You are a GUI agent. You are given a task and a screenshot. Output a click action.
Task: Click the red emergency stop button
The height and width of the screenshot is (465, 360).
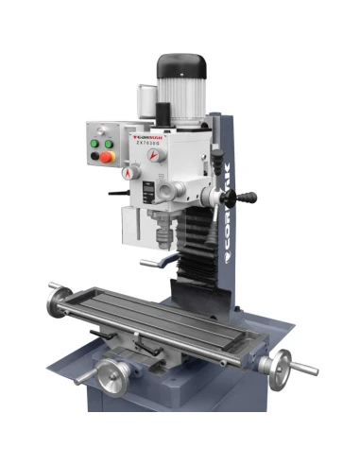pos(107,155)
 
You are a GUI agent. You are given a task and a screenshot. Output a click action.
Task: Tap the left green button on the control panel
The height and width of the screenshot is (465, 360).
pos(94,144)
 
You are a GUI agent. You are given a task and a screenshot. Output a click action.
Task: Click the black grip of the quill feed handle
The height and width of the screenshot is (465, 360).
pos(248,198)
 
